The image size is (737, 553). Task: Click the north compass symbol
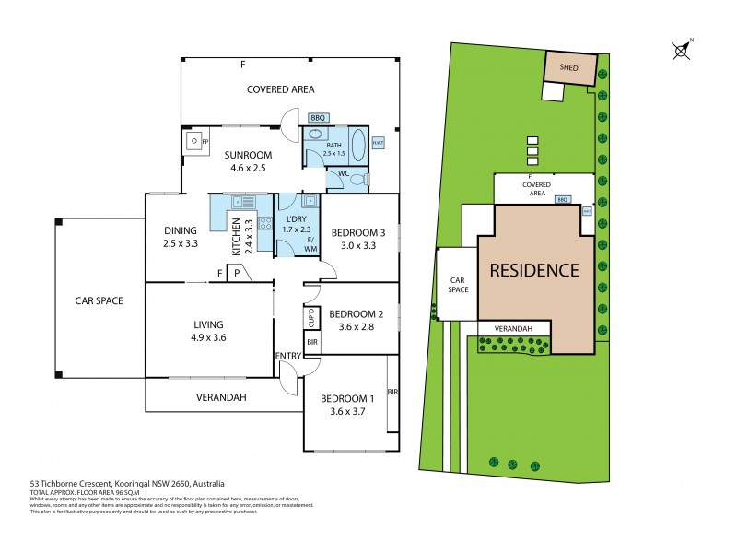[682, 50]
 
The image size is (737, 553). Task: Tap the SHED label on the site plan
[568, 66]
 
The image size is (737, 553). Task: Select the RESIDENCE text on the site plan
[533, 271]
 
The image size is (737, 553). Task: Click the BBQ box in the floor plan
[318, 118]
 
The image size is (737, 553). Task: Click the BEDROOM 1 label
[346, 406]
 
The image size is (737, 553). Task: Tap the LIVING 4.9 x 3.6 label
[208, 331]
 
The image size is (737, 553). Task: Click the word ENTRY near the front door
[287, 356]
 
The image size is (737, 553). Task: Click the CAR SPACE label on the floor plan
[99, 300]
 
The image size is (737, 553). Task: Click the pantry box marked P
[237, 273]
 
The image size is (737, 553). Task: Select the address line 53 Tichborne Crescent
[127, 483]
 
